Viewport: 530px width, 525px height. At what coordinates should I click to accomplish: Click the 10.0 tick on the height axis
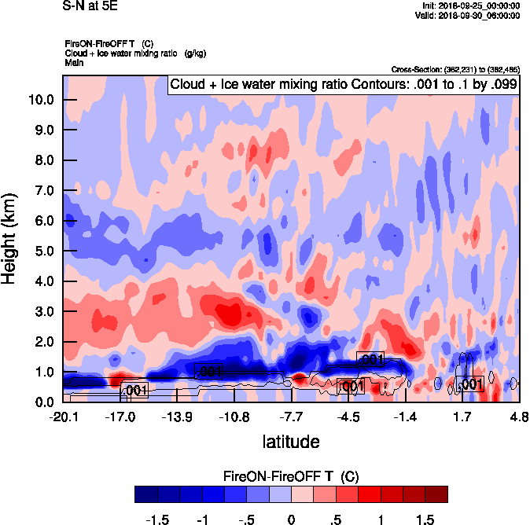click(x=41, y=100)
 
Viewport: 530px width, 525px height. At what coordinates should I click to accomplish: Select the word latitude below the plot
click(x=291, y=442)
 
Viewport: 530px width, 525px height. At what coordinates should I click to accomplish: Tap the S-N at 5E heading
click(x=87, y=6)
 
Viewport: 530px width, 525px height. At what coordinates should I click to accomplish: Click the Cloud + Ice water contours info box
click(x=342, y=85)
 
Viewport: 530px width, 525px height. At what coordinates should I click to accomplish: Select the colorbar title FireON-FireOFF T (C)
click(x=291, y=476)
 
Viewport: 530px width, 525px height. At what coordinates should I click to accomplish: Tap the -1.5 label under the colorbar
click(x=159, y=519)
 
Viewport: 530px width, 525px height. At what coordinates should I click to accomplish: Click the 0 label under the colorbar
click(x=291, y=519)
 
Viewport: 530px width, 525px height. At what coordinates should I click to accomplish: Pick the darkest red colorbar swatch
click(x=436, y=494)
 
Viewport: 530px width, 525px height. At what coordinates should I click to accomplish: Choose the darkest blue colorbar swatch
click(x=146, y=494)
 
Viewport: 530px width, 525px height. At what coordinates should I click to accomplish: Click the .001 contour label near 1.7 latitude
click(x=470, y=384)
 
